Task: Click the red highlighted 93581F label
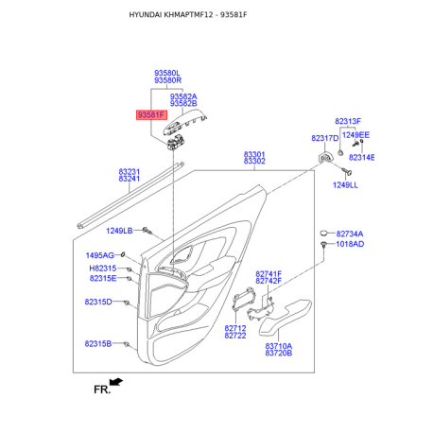(151, 114)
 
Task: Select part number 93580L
(167, 73)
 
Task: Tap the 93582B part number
(183, 104)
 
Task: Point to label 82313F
(348, 121)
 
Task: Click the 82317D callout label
(324, 138)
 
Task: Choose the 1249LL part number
(345, 185)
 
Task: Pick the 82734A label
(350, 234)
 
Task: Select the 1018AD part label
(350, 244)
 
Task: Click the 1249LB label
(119, 231)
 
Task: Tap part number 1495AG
(100, 255)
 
